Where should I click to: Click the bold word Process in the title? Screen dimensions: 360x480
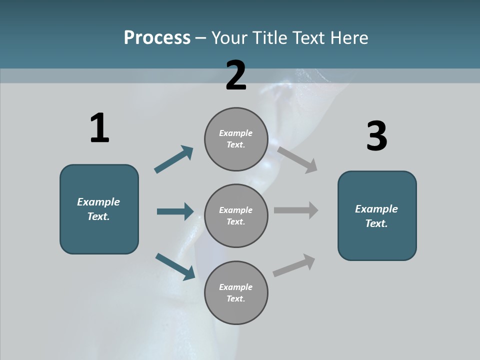click(x=157, y=38)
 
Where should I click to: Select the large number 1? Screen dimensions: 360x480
click(x=99, y=128)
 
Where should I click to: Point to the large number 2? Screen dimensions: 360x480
click(x=236, y=75)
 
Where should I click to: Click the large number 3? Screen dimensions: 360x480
click(x=376, y=136)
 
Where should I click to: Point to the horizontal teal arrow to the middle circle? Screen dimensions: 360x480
click(x=175, y=211)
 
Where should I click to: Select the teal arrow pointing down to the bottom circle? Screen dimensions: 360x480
click(x=175, y=266)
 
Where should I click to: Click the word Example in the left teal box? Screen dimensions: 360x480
click(x=98, y=202)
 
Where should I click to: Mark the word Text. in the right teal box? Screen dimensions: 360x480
click(x=376, y=223)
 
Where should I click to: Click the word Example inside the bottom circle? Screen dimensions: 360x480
click(x=236, y=287)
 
